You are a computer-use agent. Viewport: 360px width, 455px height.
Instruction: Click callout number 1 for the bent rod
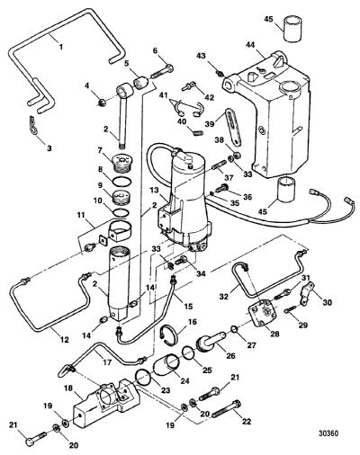(x=61, y=47)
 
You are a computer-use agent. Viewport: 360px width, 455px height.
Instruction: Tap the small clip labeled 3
(x=34, y=125)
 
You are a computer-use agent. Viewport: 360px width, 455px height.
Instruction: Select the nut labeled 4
(x=102, y=103)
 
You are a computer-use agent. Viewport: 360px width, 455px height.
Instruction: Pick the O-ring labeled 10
(x=122, y=212)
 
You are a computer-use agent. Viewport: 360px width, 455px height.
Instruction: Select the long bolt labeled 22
(x=227, y=408)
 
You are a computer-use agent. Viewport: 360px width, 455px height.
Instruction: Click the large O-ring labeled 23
(x=143, y=377)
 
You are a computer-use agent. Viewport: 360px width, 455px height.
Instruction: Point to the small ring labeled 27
(x=235, y=330)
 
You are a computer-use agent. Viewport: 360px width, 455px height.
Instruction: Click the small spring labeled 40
(x=198, y=132)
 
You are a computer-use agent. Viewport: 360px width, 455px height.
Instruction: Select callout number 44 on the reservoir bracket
(x=250, y=45)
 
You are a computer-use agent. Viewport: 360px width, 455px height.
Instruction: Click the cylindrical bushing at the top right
(x=292, y=29)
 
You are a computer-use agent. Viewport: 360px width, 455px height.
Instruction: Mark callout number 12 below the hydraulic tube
(x=65, y=340)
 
